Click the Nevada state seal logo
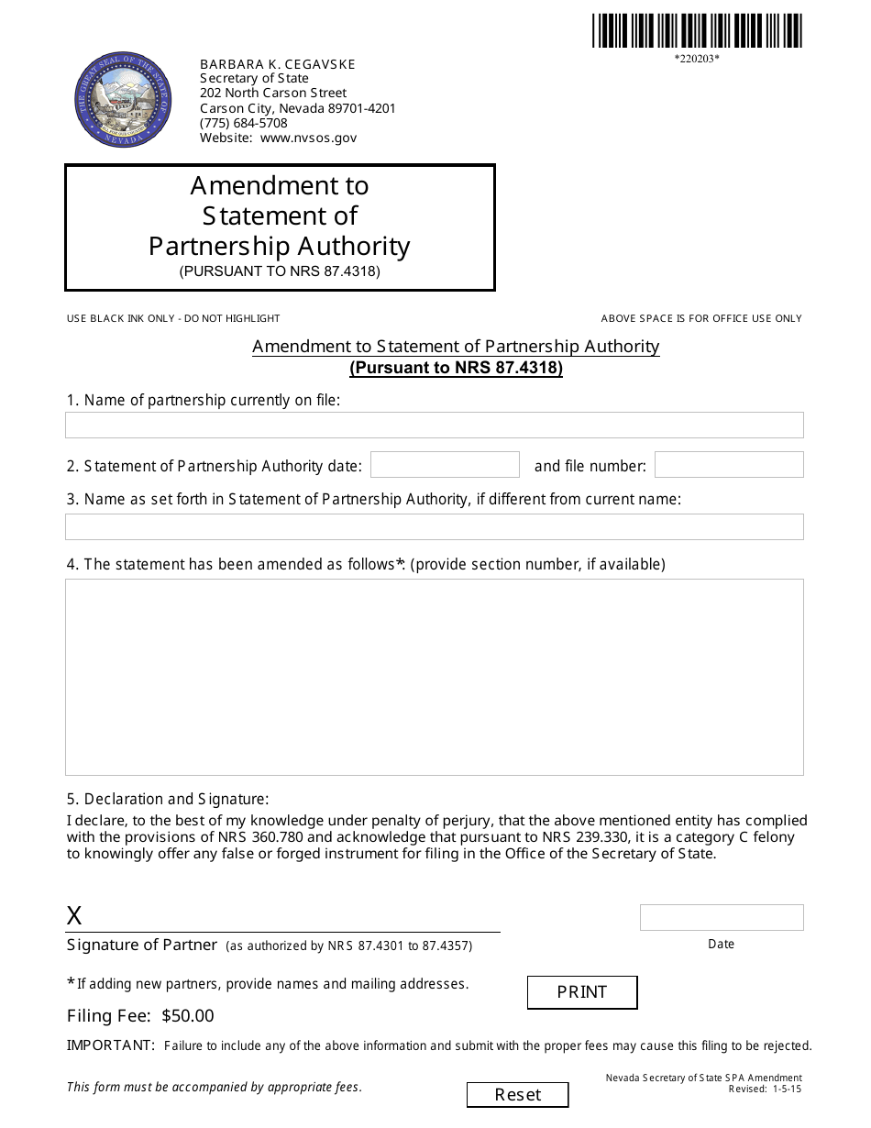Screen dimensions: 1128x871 pos(123,99)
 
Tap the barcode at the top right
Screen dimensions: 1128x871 pos(697,31)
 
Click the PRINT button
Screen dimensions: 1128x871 pos(582,992)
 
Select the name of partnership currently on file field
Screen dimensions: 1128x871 pos(434,425)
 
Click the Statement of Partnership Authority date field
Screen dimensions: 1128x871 pos(445,465)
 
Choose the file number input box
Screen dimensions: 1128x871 pos(729,465)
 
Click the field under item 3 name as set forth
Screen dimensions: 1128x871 pos(434,526)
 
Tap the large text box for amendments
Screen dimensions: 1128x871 pos(434,677)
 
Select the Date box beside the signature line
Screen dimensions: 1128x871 pos(722,917)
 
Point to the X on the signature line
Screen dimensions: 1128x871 pos(74,915)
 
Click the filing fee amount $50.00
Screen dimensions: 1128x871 pos(187,1015)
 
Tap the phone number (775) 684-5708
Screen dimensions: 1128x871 pos(244,123)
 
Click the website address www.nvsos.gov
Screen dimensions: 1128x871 pos(308,138)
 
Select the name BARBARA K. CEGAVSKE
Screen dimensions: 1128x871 pos(278,64)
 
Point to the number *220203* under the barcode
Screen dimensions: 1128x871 pos(697,60)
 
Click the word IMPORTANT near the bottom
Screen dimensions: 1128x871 pos(111,1045)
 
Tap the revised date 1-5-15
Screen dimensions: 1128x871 pos(787,1089)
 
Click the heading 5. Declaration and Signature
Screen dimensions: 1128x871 pos(168,799)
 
